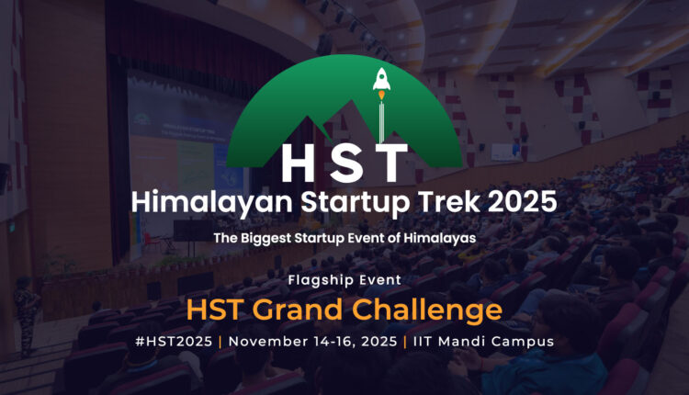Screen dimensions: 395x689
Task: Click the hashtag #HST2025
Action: coord(174,342)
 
